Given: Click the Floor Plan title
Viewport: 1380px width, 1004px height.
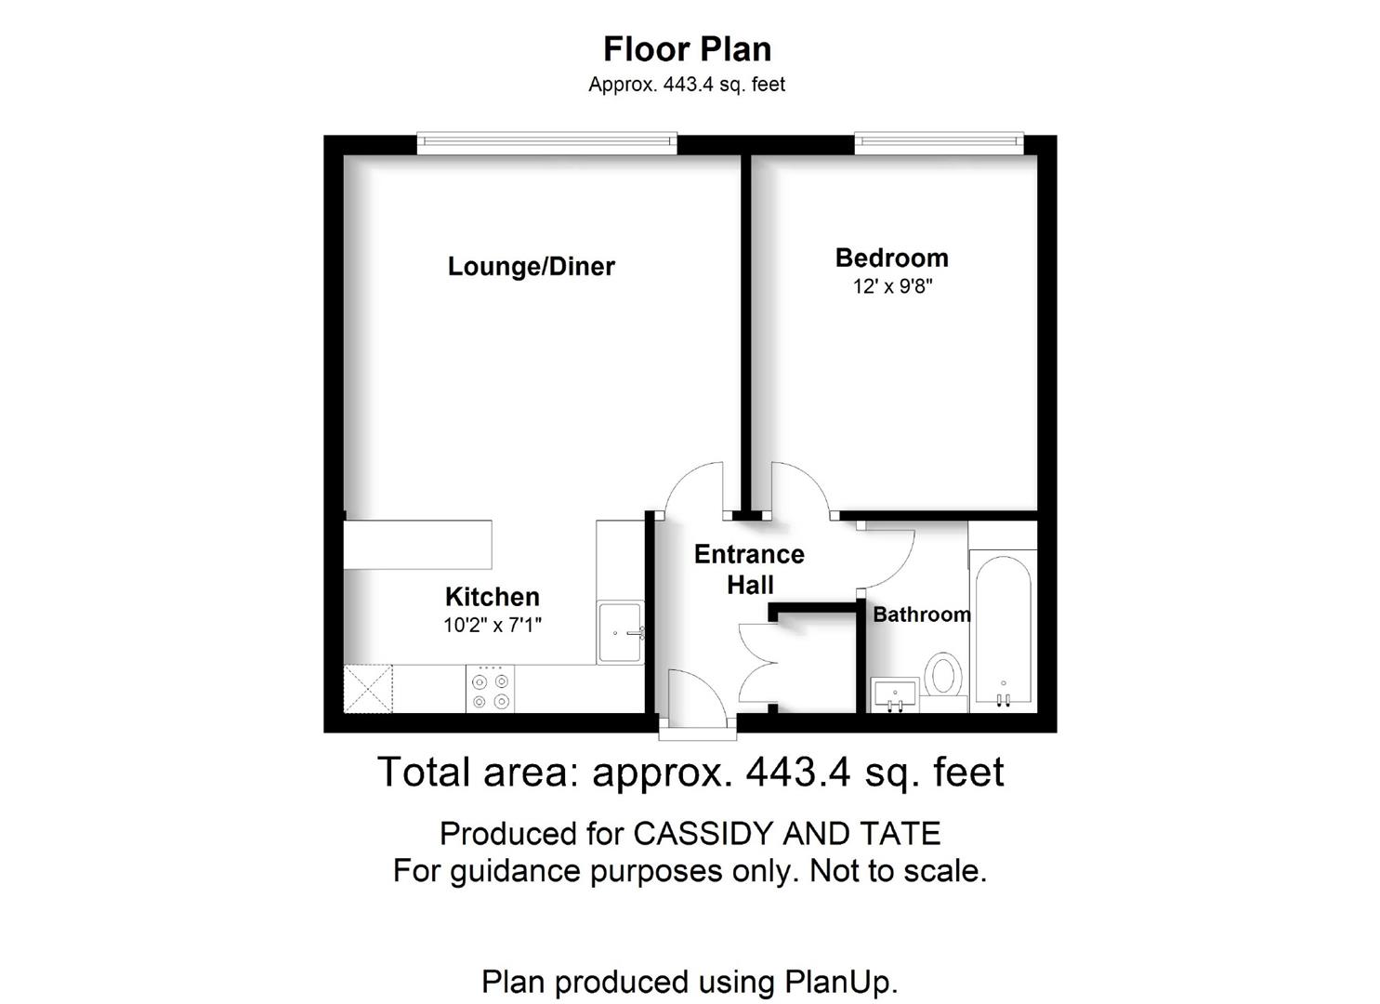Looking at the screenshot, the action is tap(687, 49).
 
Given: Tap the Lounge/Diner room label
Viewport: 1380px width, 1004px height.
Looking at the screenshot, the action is tap(531, 267).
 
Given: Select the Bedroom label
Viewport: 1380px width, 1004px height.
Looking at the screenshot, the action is tap(891, 258).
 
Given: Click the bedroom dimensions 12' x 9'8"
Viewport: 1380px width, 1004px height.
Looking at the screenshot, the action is tap(893, 286).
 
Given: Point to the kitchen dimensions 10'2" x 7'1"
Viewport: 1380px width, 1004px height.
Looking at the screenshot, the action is tap(493, 625).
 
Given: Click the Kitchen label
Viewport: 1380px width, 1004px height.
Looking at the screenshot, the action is tap(493, 597).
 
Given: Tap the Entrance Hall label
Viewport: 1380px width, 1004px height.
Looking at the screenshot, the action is tap(749, 569).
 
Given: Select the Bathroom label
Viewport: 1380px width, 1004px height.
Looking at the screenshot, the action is tap(922, 614).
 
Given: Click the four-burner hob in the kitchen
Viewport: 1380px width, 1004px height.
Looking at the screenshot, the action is tap(491, 689).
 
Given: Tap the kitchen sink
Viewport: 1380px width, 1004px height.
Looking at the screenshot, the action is tap(621, 632).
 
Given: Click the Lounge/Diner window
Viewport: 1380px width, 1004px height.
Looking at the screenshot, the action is tap(547, 143).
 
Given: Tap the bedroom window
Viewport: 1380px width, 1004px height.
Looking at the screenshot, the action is tap(939, 143).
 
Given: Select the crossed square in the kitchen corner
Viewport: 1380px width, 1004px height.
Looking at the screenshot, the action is tap(368, 689).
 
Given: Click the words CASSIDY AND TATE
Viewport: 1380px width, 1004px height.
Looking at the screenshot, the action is tap(787, 834).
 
